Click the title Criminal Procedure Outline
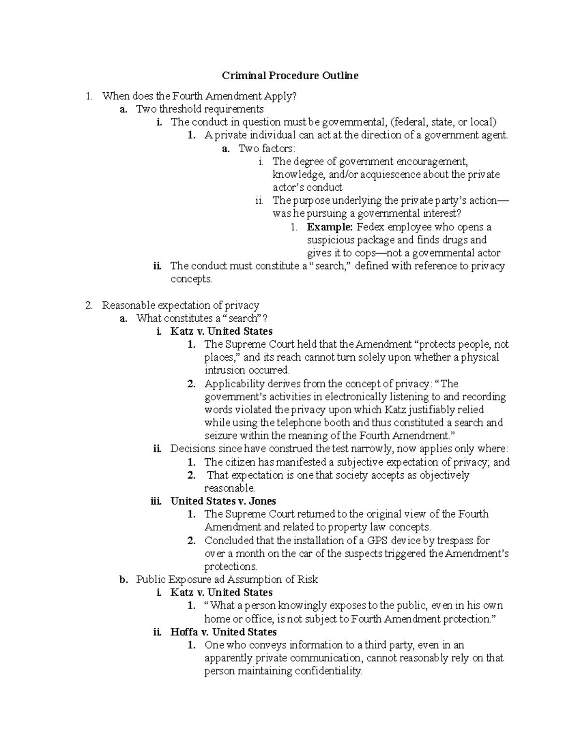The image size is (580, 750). (x=290, y=76)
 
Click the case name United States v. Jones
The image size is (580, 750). (x=223, y=501)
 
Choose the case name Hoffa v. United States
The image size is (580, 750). (x=223, y=632)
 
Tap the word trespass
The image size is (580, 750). (x=455, y=540)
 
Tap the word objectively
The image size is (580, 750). (x=444, y=475)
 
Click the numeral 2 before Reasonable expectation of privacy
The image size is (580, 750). (x=88, y=305)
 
